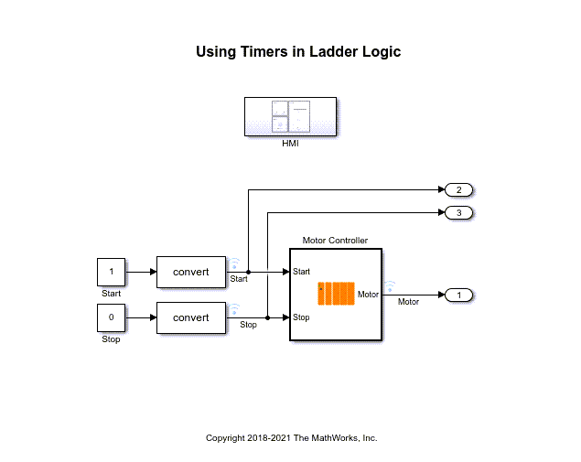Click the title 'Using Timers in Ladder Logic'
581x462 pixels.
298,52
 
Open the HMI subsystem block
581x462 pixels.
291,116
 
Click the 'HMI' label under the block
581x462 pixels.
291,144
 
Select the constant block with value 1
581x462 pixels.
111,272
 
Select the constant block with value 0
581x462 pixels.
111,317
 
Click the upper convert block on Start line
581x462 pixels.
191,272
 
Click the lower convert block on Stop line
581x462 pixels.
191,317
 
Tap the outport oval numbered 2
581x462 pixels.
458,190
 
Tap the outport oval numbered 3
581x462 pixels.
458,213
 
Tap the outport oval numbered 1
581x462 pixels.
458,295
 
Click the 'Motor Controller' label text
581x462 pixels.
335,241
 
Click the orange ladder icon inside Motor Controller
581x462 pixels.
335,294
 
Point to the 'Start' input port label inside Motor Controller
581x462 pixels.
302,272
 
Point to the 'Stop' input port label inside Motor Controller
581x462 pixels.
301,317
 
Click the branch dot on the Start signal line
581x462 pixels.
249,272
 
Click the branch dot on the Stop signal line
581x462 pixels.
267,317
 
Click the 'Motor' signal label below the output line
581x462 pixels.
409,302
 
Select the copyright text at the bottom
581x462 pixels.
291,438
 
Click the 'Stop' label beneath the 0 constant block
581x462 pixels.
111,339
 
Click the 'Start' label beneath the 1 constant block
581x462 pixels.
111,294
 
